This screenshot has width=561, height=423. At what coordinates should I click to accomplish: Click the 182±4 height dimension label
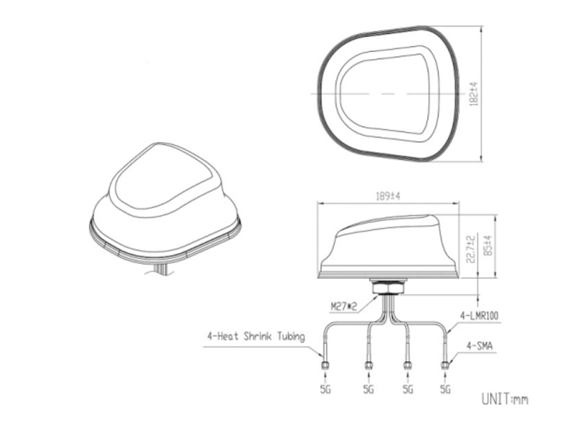coord(474,93)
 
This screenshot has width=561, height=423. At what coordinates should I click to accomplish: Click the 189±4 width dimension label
coord(388,196)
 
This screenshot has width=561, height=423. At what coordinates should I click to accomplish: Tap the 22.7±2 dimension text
coord(471,249)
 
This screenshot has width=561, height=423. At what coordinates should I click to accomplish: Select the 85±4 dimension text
coord(488,245)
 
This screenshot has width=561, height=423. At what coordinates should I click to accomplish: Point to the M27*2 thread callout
coord(344,307)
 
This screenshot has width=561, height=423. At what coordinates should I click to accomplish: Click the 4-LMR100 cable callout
coord(479,315)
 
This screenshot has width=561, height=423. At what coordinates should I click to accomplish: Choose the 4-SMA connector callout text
coord(479,345)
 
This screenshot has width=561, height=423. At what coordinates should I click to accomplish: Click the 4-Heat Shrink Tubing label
coord(257,336)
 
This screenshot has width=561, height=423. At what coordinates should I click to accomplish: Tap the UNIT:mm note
coord(504,399)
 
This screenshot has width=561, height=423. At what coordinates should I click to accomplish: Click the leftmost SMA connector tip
coord(325,365)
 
